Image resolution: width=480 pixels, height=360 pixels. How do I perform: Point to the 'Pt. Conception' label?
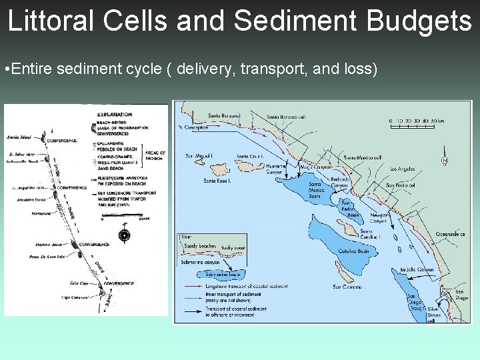(193, 127)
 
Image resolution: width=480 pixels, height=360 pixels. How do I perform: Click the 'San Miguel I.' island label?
(199, 157)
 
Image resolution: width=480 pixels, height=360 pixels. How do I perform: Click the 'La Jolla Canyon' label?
(416, 270)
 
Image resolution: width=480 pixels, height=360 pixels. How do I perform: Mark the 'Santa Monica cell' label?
(362, 157)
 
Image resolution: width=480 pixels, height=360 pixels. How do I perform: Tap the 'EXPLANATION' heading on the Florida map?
(115, 115)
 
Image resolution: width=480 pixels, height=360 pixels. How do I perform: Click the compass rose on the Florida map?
(123, 235)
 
